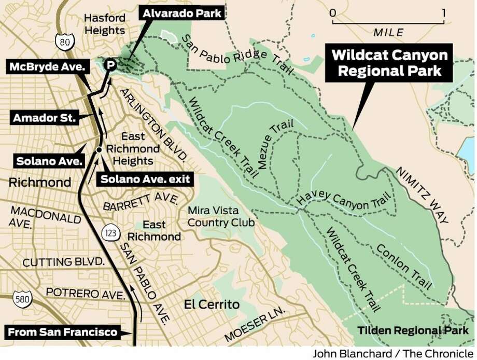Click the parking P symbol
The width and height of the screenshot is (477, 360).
110,65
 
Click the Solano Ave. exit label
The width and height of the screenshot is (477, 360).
145,179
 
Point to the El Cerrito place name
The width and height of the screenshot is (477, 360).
212,304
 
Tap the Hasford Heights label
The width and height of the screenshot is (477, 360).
105,24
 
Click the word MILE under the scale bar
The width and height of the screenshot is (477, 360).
388,33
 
